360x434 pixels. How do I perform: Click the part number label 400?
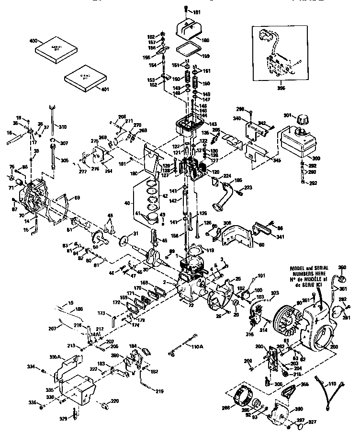(33, 42)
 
